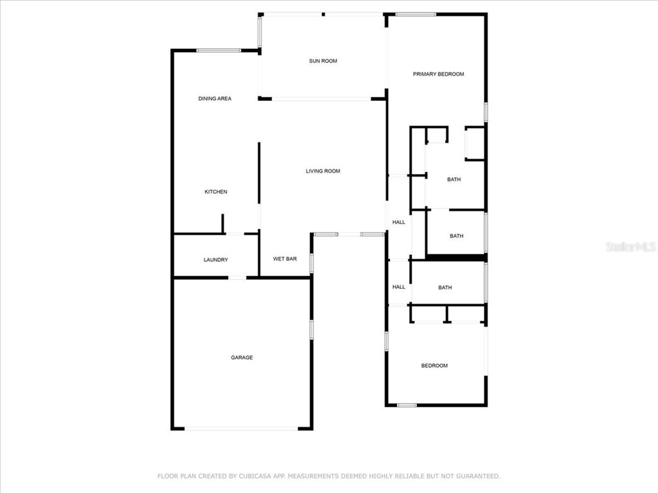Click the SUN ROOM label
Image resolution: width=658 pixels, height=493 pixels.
(x=323, y=61)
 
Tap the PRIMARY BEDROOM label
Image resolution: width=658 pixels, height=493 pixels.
(x=438, y=74)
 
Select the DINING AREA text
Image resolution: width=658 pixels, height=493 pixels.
(x=215, y=98)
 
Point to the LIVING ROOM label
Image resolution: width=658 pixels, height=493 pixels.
(x=323, y=171)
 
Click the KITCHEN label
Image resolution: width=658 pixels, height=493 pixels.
(x=216, y=192)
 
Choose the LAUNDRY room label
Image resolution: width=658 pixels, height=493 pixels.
(x=216, y=260)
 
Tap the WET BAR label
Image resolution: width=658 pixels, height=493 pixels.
(x=285, y=259)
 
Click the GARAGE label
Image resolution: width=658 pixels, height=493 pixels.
(x=242, y=358)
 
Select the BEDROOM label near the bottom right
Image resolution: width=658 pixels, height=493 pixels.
(x=434, y=366)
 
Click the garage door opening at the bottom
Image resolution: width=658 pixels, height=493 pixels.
(x=242, y=428)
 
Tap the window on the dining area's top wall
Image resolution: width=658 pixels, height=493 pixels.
(x=218, y=51)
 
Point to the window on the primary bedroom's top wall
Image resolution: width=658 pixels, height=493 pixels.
(x=416, y=15)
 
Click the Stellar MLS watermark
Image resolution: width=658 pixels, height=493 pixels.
(x=631, y=247)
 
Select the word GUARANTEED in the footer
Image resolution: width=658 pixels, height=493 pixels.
(x=478, y=476)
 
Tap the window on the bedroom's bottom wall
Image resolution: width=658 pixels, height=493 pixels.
(x=407, y=406)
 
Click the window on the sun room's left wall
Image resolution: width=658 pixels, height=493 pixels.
(x=260, y=31)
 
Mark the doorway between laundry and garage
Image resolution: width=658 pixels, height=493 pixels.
(x=237, y=277)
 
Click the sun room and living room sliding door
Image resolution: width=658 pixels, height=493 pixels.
(x=321, y=99)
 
